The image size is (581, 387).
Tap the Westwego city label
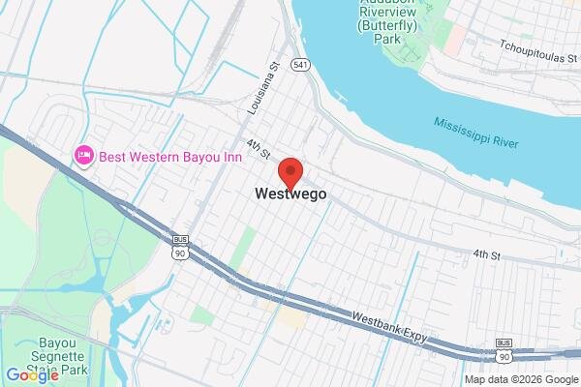coord(290,193)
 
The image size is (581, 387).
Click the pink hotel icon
coord(84,155)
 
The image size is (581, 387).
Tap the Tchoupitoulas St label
coord(537,45)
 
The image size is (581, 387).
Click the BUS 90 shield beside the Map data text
coord(504,350)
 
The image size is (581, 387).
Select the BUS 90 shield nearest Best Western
coord(179,247)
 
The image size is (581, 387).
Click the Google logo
coord(32,375)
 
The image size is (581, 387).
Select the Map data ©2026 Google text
coord(521,379)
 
